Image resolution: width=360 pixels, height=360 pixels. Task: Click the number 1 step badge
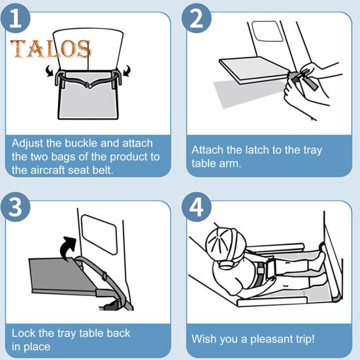[16, 18]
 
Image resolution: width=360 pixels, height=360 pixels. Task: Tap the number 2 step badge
[196, 18]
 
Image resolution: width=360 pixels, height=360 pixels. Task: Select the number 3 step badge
[16, 207]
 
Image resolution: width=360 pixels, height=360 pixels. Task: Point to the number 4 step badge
[196, 207]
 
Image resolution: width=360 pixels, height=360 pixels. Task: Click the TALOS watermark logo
[51, 48]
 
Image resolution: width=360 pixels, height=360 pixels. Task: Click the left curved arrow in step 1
[50, 71]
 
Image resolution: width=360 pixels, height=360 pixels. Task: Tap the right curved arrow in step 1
[127, 71]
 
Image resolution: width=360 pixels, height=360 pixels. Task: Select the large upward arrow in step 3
[68, 249]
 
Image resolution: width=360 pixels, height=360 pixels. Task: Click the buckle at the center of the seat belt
[89, 85]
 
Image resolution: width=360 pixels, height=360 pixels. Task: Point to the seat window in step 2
[267, 31]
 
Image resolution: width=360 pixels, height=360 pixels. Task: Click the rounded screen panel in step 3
[99, 235]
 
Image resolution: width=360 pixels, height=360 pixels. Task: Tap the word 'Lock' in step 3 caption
[24, 333]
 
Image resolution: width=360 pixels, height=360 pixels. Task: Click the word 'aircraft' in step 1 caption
[48, 171]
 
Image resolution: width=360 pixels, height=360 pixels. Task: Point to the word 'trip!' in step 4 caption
[304, 339]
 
